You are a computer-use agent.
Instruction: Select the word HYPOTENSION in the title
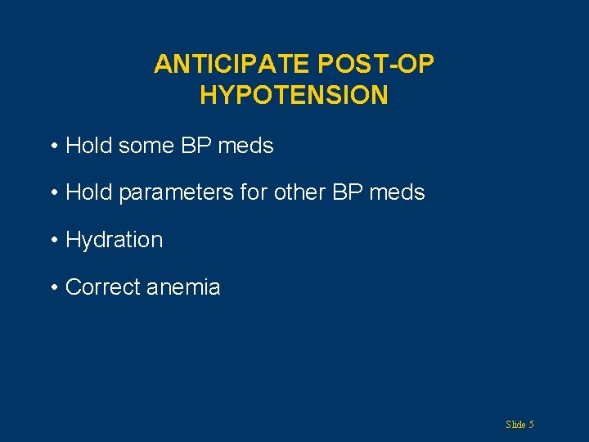[x=294, y=96]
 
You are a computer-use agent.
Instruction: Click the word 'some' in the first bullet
[x=150, y=147]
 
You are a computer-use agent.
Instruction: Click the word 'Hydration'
[x=114, y=241]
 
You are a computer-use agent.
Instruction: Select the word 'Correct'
[x=101, y=287]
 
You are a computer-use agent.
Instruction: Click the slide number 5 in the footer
[x=532, y=425]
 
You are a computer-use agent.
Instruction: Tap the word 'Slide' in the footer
[x=515, y=425]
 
